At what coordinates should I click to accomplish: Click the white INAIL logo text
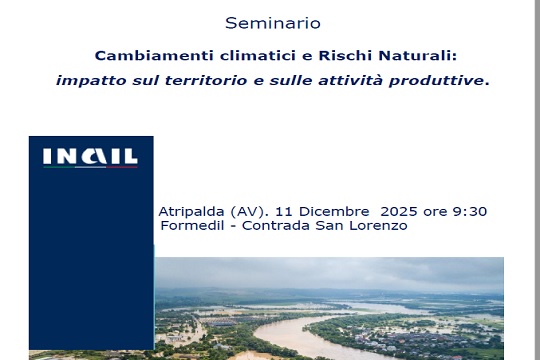(x=90, y=157)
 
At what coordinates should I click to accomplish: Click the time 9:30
(x=469, y=211)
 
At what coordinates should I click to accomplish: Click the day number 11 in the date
(x=282, y=211)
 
